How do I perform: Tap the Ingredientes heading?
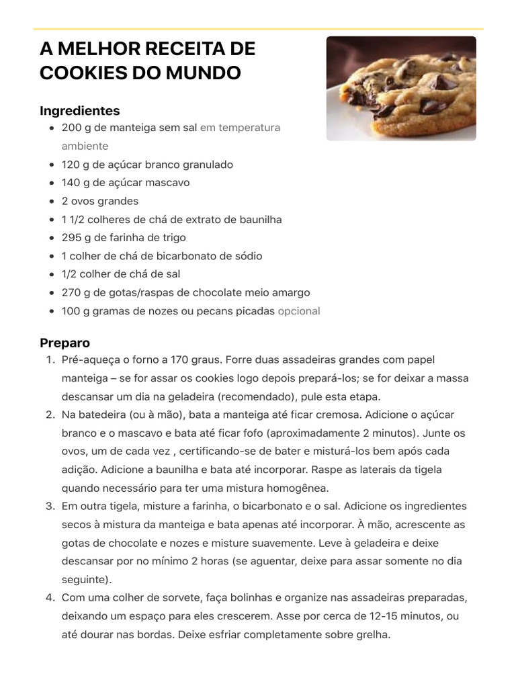click(x=80, y=110)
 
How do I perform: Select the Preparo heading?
click(x=64, y=343)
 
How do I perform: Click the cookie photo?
click(x=401, y=88)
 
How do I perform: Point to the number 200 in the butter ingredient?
click(x=71, y=128)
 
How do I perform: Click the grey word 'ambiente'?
click(x=85, y=146)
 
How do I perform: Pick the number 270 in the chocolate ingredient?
click(x=71, y=292)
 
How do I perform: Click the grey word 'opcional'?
click(x=299, y=311)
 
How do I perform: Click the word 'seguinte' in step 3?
click(x=85, y=579)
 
